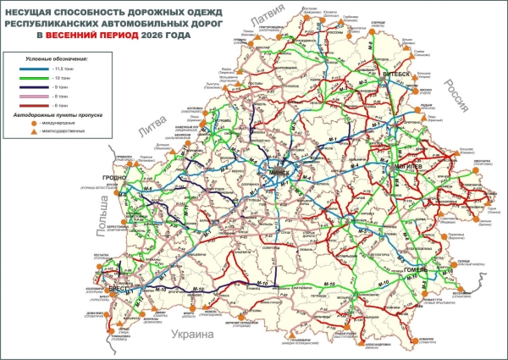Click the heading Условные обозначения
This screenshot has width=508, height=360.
[x=73, y=57]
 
